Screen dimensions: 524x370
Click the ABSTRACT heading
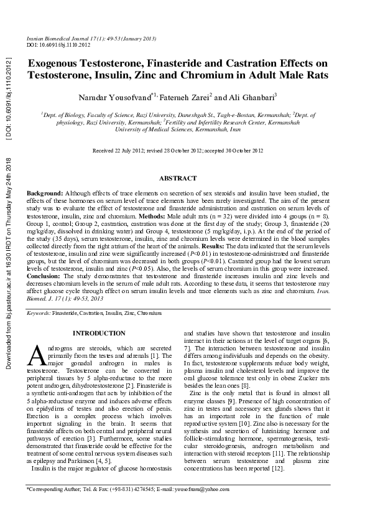click(x=178, y=179)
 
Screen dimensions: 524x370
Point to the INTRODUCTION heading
click(x=99, y=334)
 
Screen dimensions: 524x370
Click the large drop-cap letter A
click(x=36, y=355)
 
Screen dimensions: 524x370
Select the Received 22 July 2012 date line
click(x=178, y=151)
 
